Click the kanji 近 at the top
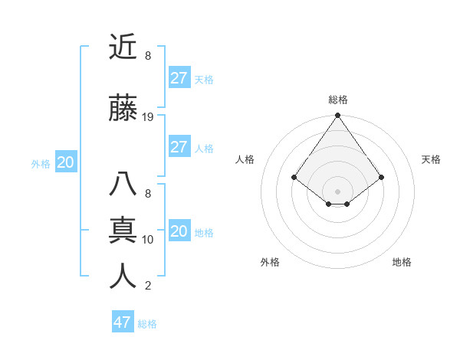click(123, 47)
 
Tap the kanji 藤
click(123, 110)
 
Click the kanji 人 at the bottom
click(123, 277)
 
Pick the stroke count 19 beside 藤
click(148, 117)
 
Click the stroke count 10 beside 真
click(148, 240)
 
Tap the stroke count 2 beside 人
click(148, 286)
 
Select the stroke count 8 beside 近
click(148, 56)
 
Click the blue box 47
click(123, 322)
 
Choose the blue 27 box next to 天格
click(179, 78)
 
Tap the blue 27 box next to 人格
click(179, 147)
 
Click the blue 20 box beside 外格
click(65, 162)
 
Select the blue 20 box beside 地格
click(179, 231)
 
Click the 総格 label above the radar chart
click(337, 100)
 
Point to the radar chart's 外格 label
click(270, 262)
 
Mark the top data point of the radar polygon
click(337, 116)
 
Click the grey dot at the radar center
click(337, 191)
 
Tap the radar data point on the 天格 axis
click(381, 177)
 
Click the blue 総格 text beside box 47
click(147, 324)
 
